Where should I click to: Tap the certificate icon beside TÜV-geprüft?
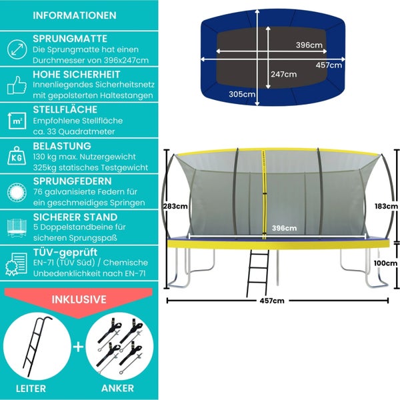coord(15,264)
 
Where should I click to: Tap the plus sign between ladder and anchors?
coord(79,347)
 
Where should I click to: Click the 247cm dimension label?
coord(283,74)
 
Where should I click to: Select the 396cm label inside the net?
coord(284,228)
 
